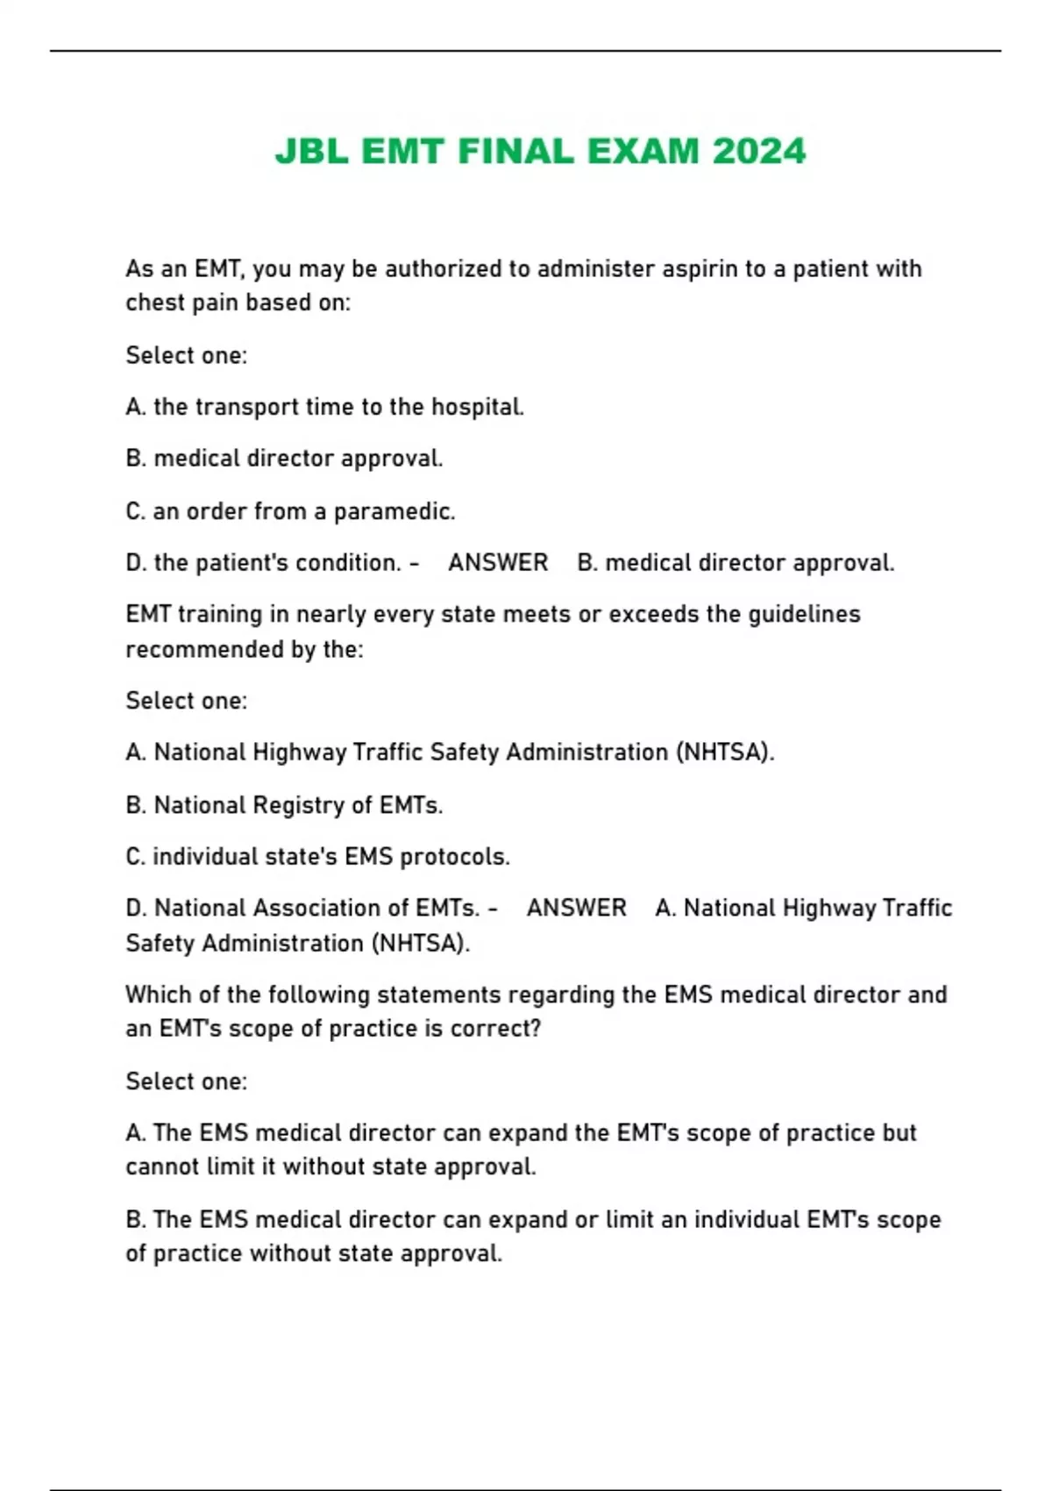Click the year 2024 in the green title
(x=759, y=152)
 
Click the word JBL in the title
(x=311, y=152)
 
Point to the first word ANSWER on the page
(x=498, y=562)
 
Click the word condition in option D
(x=348, y=562)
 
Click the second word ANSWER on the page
(x=577, y=908)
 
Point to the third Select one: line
(x=186, y=1081)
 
